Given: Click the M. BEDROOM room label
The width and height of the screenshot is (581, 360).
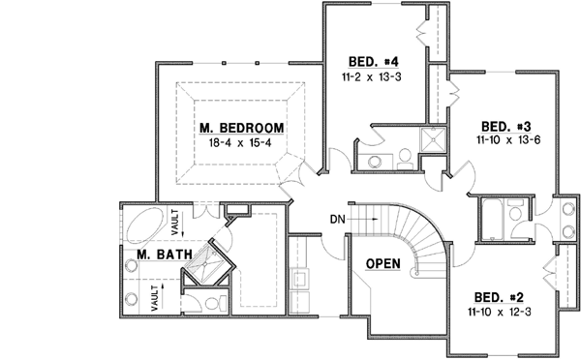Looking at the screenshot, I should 242,128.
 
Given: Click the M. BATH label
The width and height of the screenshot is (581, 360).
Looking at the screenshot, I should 163,255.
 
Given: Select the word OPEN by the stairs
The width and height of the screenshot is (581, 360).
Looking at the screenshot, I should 384,264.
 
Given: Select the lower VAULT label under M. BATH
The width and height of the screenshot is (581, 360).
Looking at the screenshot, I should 155,296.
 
